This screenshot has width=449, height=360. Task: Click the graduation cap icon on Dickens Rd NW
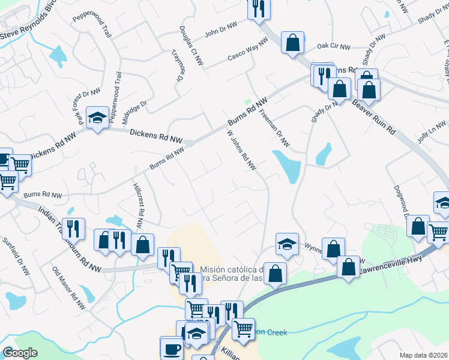tap(96, 117)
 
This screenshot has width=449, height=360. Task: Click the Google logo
tap(20, 353)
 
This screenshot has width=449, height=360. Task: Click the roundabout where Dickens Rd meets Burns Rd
tap(189, 143)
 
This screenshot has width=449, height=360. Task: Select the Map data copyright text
tap(424, 355)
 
